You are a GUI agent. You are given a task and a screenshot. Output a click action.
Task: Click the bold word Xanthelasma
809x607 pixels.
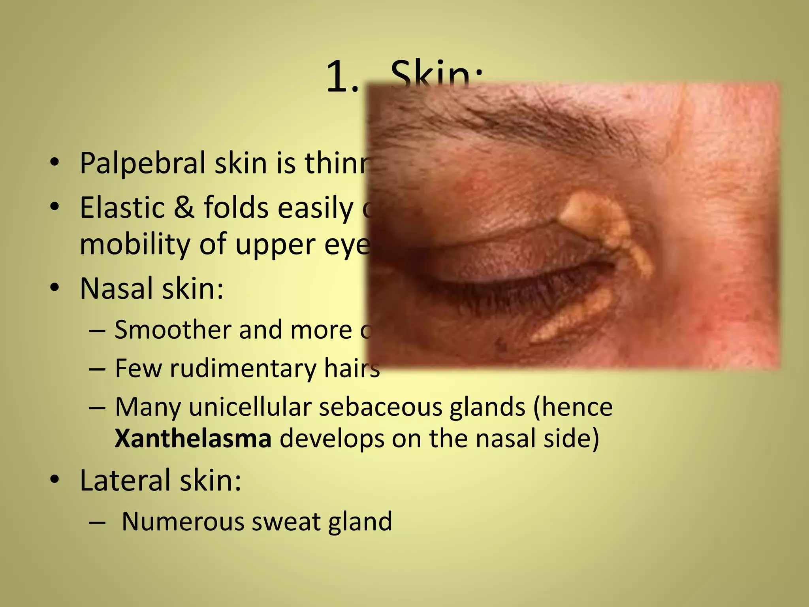point(193,439)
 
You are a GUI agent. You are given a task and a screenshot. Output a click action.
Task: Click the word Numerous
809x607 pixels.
point(183,521)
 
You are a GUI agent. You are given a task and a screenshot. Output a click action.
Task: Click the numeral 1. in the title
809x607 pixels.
point(342,78)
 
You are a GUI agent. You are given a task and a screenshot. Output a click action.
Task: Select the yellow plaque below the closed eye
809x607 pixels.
point(569,316)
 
